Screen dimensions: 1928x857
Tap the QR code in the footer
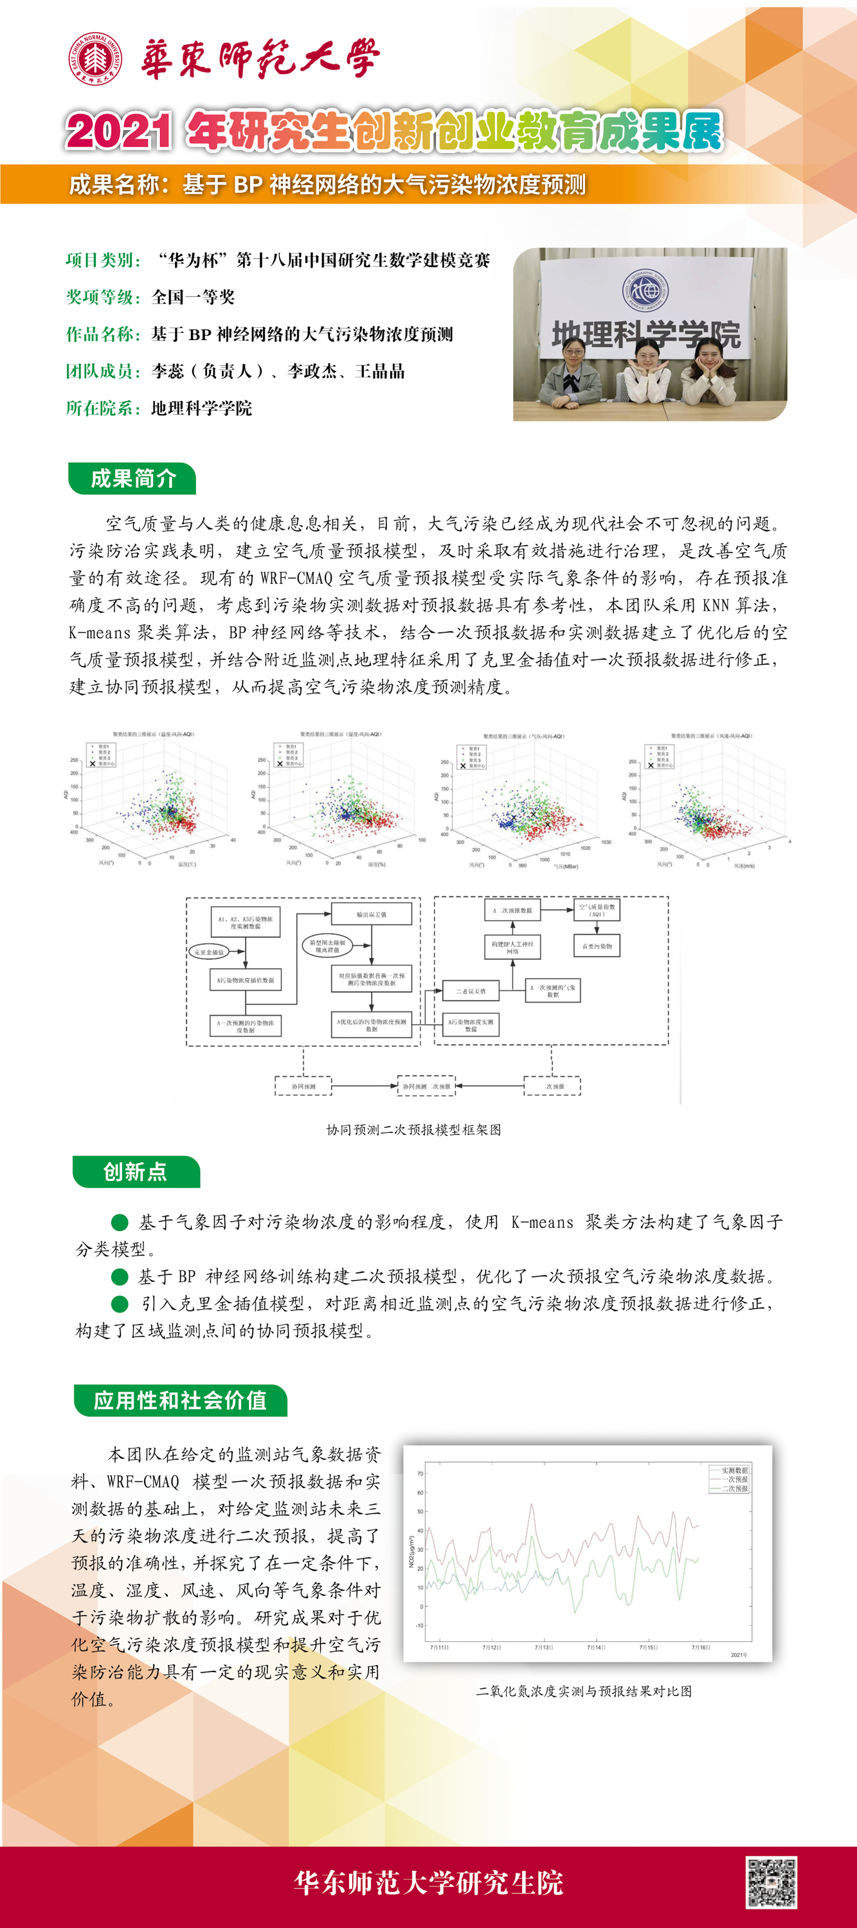(771, 1883)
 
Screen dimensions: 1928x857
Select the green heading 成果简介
(132, 479)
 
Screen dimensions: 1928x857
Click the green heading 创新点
(136, 1171)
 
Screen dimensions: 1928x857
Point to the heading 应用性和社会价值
(181, 1400)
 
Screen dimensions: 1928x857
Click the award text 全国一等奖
(193, 297)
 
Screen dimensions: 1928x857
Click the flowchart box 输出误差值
(371, 915)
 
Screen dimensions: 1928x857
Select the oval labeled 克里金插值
(209, 952)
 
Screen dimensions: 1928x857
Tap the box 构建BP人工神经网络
(512, 948)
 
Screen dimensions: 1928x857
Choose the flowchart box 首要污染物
(597, 946)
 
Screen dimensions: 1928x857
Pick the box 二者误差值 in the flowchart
(471, 991)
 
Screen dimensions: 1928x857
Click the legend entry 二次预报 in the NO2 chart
(734, 1489)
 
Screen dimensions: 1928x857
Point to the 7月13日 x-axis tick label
(544, 1647)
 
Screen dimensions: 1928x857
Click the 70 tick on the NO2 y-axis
(420, 1473)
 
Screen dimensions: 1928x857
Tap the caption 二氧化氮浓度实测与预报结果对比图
(584, 1691)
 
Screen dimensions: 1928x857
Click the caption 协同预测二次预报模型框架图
(413, 1130)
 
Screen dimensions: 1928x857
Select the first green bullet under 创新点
(120, 1222)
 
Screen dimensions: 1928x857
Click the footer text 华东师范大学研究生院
(428, 1883)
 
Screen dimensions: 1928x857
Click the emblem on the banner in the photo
(647, 289)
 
